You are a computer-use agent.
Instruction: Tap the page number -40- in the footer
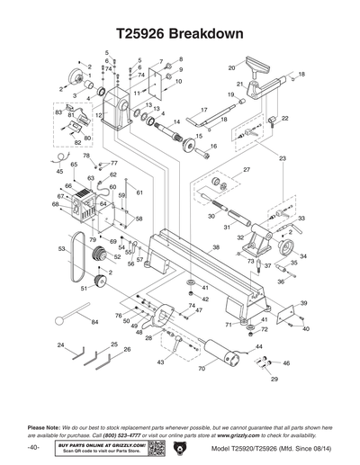[34, 447]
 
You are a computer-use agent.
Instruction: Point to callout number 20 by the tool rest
[231, 67]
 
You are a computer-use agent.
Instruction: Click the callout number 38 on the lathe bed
[216, 246]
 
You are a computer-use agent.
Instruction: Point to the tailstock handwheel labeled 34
[287, 249]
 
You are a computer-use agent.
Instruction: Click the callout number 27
[247, 169]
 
